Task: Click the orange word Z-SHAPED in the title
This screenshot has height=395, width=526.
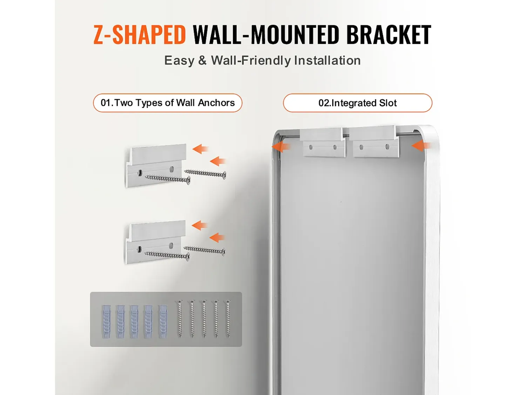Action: [x=140, y=35]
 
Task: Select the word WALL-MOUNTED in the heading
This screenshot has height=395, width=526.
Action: [x=266, y=35]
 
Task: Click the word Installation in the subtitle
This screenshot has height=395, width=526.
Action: [x=327, y=60]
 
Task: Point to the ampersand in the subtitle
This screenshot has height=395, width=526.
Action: [x=202, y=60]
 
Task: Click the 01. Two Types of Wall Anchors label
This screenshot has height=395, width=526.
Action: [x=168, y=103]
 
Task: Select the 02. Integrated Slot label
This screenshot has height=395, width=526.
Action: [x=358, y=103]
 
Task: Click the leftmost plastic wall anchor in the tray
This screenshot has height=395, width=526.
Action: [x=106, y=321]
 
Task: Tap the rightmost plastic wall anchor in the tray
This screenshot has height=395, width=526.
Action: [x=163, y=321]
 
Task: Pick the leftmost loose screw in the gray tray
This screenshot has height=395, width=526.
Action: [x=180, y=319]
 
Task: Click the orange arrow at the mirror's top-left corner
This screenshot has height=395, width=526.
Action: [x=281, y=146]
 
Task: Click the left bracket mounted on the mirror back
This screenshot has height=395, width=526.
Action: [x=323, y=142]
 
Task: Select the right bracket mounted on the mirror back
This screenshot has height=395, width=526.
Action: [x=374, y=141]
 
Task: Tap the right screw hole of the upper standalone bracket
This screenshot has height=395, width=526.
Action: [x=171, y=169]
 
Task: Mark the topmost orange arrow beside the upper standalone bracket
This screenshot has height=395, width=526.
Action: [x=200, y=149]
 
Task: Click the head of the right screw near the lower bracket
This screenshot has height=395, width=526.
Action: [x=224, y=252]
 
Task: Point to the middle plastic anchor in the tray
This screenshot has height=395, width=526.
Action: [x=134, y=321]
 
